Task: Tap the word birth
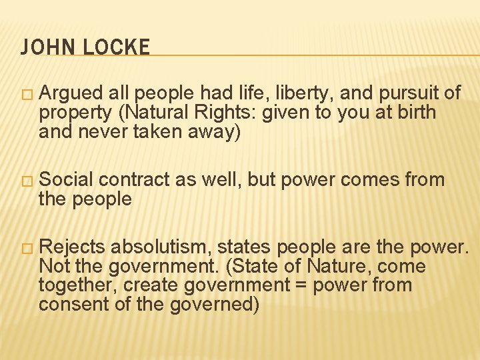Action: coord(415,113)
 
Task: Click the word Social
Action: coord(67,179)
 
